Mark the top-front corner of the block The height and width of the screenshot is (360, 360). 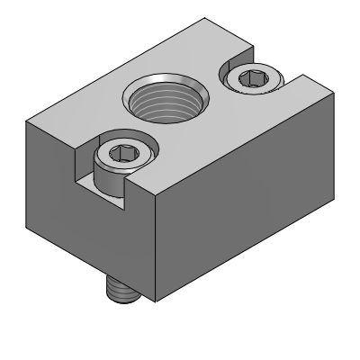coord(157,199)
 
